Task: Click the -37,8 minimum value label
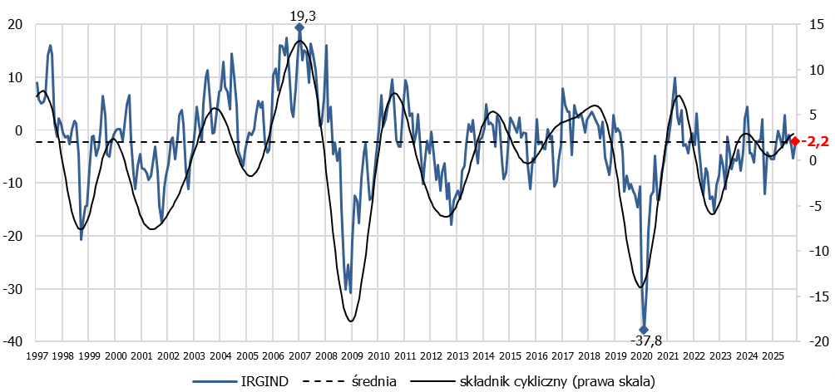click(643, 341)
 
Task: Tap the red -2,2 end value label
click(816, 142)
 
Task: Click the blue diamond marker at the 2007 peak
click(299, 28)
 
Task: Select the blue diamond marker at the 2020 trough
click(643, 330)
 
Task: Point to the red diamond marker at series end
click(795, 141)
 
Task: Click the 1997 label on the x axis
click(37, 355)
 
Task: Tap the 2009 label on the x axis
click(352, 355)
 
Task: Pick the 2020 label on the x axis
click(640, 355)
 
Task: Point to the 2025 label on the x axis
click(772, 355)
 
